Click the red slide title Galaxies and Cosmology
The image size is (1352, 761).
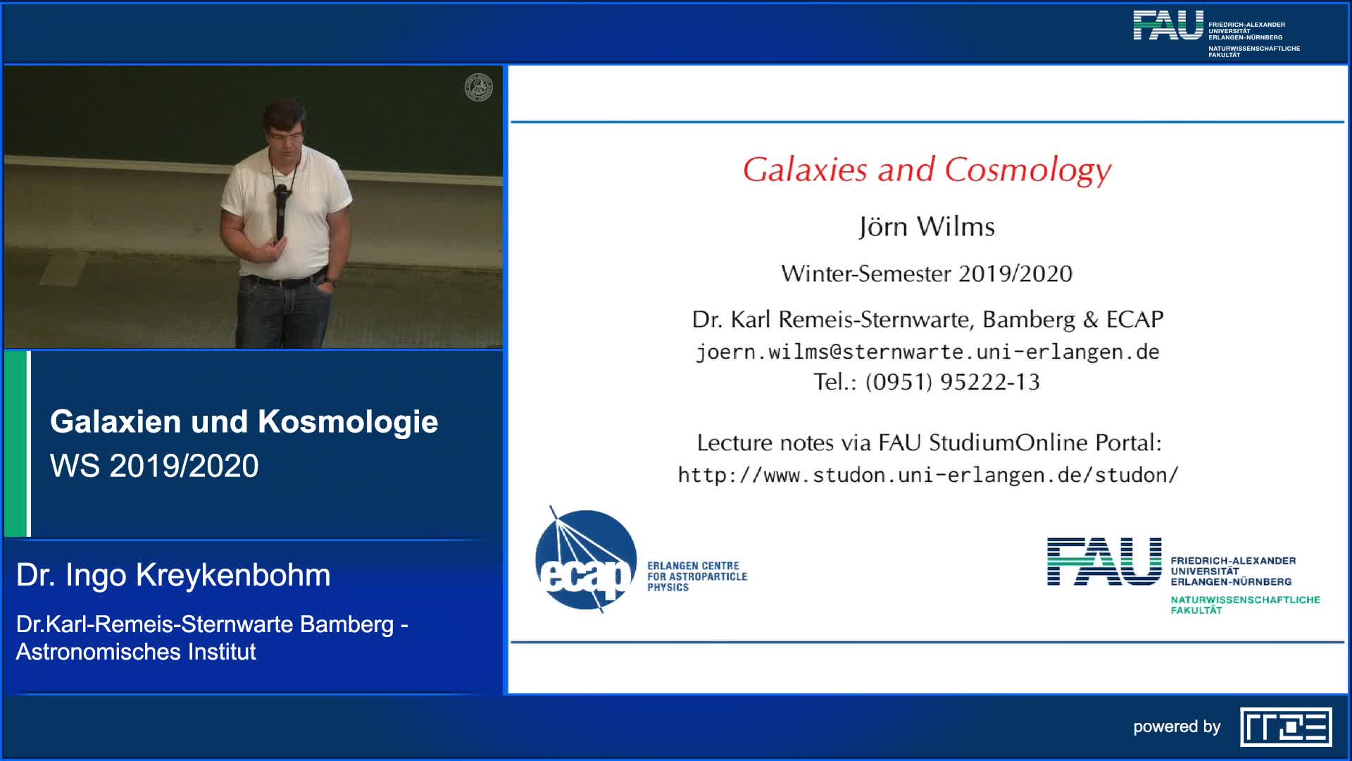click(x=927, y=171)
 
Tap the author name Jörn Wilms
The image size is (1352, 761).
click(x=927, y=227)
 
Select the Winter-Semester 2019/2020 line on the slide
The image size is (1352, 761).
click(x=927, y=273)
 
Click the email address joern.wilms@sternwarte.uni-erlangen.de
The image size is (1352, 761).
click(x=927, y=352)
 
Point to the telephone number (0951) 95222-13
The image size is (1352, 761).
click(x=952, y=382)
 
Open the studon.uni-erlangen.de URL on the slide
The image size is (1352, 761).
click(x=927, y=475)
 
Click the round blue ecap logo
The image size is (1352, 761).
click(x=586, y=559)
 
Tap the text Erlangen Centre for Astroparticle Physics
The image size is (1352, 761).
click(x=697, y=576)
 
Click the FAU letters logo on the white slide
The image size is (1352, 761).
click(x=1104, y=562)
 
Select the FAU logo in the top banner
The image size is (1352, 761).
click(x=1168, y=25)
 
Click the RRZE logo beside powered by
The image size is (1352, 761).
click(x=1286, y=726)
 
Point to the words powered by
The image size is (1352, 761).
click(x=1177, y=726)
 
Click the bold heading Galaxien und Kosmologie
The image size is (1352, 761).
click(x=244, y=421)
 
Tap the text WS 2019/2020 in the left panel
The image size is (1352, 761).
click(x=154, y=466)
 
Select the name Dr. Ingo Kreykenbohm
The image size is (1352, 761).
click(x=173, y=575)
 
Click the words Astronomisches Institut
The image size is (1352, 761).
click(x=136, y=652)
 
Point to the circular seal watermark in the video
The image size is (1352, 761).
click(x=479, y=87)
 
